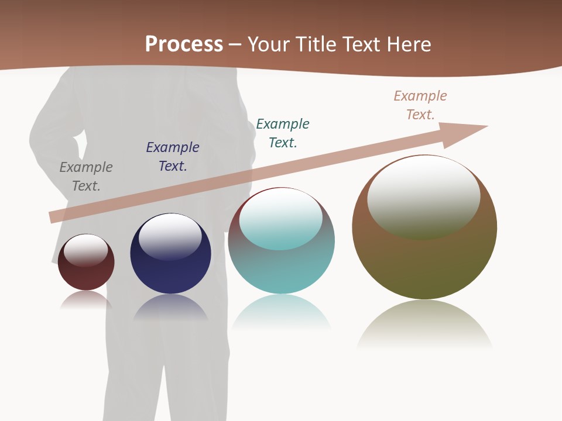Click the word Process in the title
coord(184,44)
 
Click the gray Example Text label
coord(86,177)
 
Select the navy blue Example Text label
coord(173,157)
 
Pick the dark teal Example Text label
coord(283,133)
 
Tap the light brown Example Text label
coord(420,105)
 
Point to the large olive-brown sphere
coord(424,263)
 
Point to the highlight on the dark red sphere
coord(86,250)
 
